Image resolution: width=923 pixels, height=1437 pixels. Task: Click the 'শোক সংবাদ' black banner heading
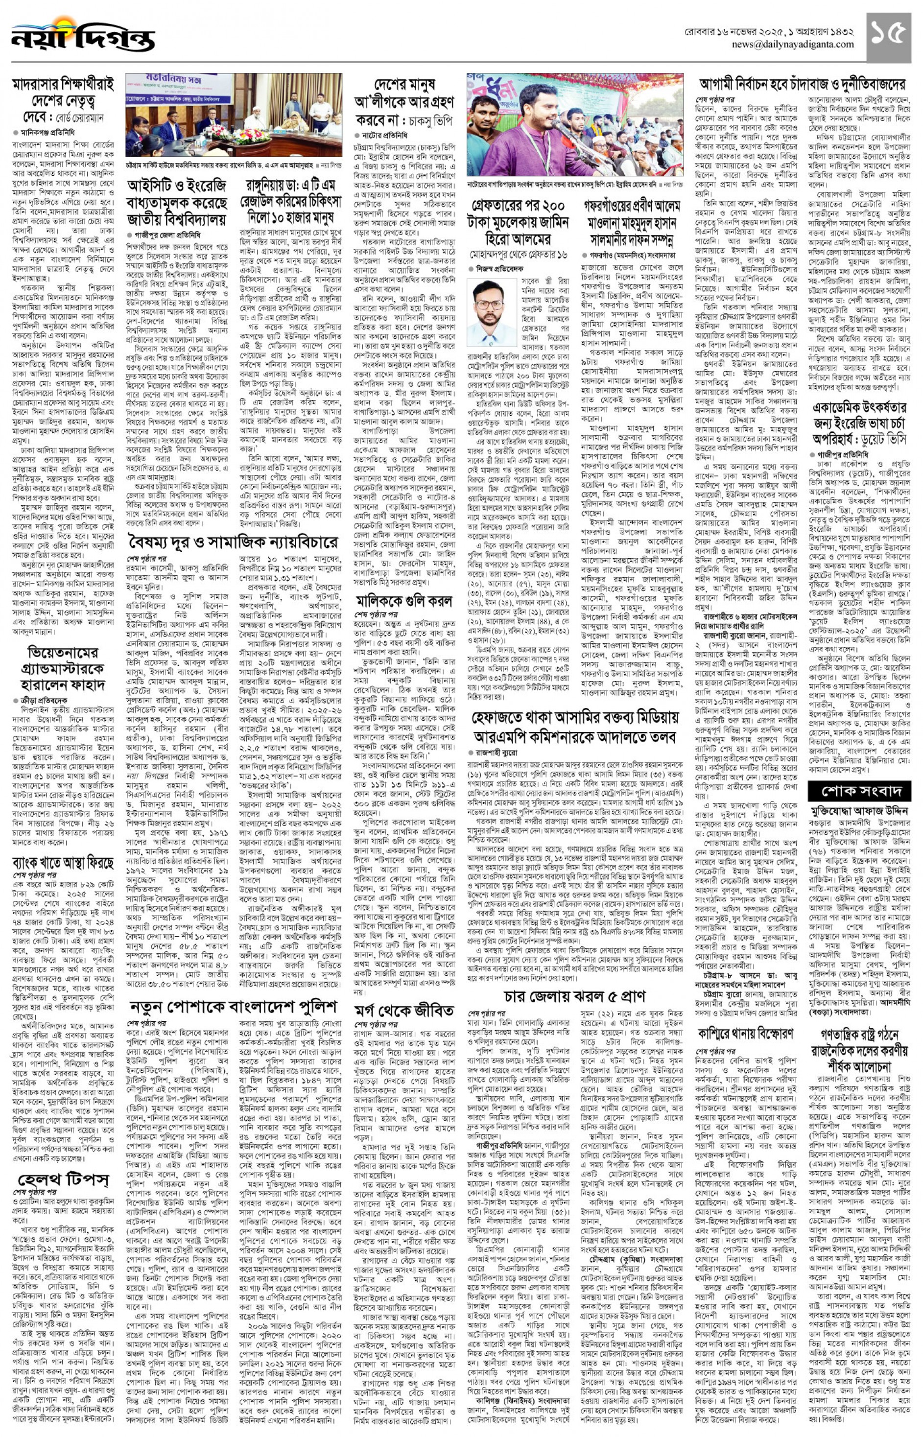tap(863, 792)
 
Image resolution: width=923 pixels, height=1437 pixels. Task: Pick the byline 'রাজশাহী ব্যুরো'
tap(497, 752)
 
